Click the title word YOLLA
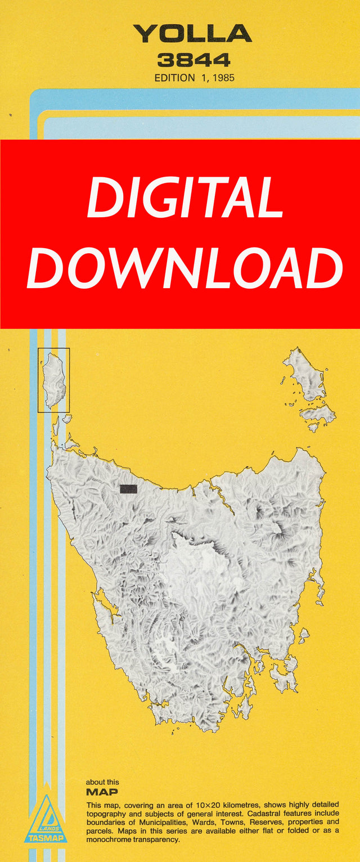192,34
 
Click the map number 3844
194,60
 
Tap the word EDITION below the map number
174,78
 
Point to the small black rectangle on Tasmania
128,489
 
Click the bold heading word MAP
102,792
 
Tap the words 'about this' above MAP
102,782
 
